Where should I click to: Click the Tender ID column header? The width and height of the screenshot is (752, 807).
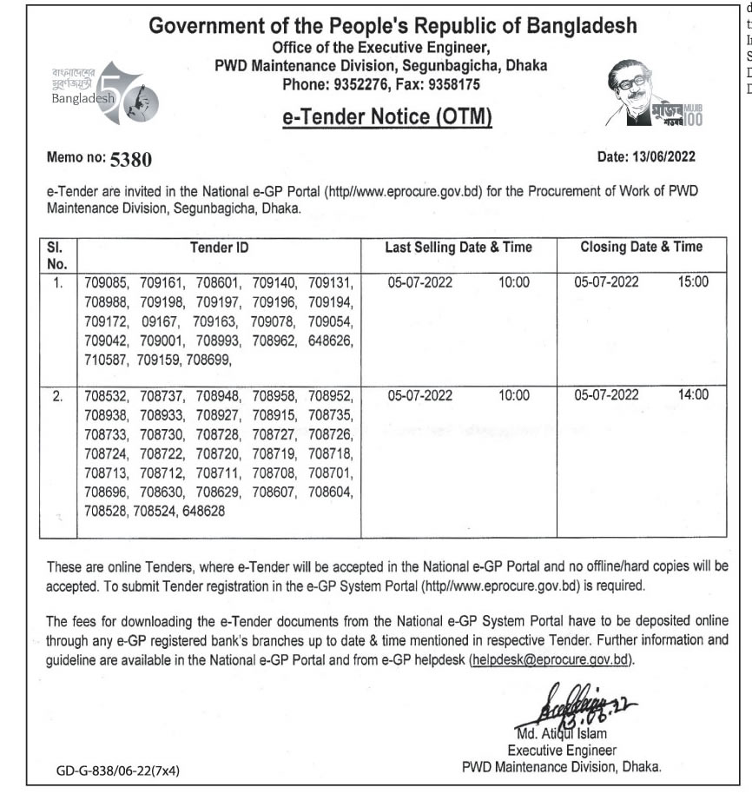pyautogui.click(x=219, y=248)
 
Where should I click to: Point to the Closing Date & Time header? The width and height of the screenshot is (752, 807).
pyautogui.click(x=641, y=248)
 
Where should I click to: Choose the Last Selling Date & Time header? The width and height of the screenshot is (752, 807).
pyautogui.click(x=458, y=248)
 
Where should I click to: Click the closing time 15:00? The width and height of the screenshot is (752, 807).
pyautogui.click(x=694, y=281)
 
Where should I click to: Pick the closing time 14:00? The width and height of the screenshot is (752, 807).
pyautogui.click(x=694, y=395)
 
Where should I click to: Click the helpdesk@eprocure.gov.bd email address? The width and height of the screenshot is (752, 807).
pyautogui.click(x=550, y=660)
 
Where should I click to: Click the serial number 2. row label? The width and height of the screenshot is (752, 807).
pyautogui.click(x=57, y=395)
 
